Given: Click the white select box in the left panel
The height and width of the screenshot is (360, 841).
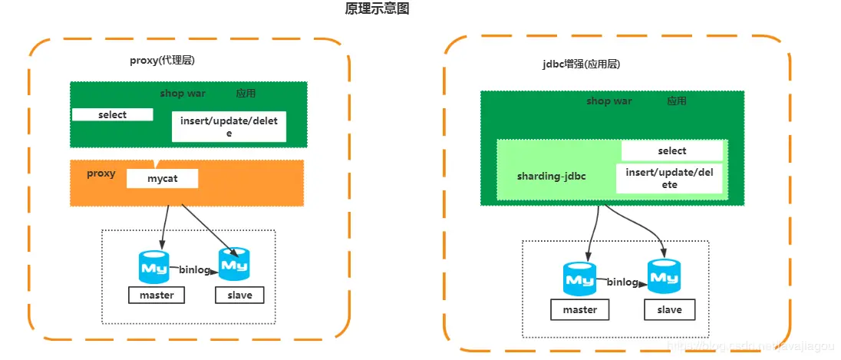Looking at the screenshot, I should [113, 114].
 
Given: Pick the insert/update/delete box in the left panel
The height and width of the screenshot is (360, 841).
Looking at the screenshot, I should [229, 127].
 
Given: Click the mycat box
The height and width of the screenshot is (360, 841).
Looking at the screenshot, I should [162, 179].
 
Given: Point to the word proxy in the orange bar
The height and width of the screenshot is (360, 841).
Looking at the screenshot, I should [101, 173].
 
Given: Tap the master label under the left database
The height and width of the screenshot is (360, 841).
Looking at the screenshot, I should [157, 295].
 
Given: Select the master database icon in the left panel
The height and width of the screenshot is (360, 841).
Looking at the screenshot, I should [154, 266].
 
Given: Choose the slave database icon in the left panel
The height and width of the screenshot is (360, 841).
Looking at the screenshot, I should [234, 263].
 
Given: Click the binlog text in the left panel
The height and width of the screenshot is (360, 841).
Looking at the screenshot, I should [195, 269].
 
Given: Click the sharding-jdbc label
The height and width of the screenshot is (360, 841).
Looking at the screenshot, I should [551, 177].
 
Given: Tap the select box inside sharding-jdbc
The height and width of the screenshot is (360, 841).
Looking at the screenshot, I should [671, 150].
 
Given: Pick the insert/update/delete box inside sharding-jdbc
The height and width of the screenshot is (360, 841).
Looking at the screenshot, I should [669, 178].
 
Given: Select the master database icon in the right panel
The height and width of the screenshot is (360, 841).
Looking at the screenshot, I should [579, 279].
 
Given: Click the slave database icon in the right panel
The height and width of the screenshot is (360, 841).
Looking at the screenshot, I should [664, 276].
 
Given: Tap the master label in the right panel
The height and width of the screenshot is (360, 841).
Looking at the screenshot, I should [579, 309].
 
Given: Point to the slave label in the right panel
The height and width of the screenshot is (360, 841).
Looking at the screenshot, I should [669, 309].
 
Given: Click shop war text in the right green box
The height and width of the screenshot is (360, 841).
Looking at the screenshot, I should [608, 101].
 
